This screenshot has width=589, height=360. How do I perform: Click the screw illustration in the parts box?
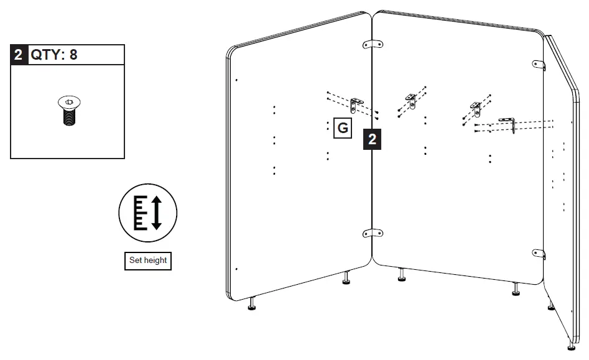tap(68, 111)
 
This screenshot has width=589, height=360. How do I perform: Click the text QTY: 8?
tap(55, 55)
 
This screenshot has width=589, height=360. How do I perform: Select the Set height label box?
tap(148, 261)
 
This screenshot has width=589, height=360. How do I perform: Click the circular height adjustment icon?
tap(148, 212)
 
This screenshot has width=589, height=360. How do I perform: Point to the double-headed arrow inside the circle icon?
tap(157, 212)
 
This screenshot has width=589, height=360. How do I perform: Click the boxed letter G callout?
tap(342, 129)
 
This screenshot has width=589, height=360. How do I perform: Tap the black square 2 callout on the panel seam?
tap(372, 140)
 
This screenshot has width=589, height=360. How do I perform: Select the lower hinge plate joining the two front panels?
tap(373, 233)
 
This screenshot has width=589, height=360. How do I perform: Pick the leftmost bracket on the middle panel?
tap(411, 99)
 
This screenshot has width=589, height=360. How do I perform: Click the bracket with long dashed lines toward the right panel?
tap(512, 123)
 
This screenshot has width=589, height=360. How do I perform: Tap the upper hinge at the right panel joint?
tap(539, 65)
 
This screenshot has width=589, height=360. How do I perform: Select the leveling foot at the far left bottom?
tap(252, 304)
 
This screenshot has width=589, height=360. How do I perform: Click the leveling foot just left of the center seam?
tap(346, 279)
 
